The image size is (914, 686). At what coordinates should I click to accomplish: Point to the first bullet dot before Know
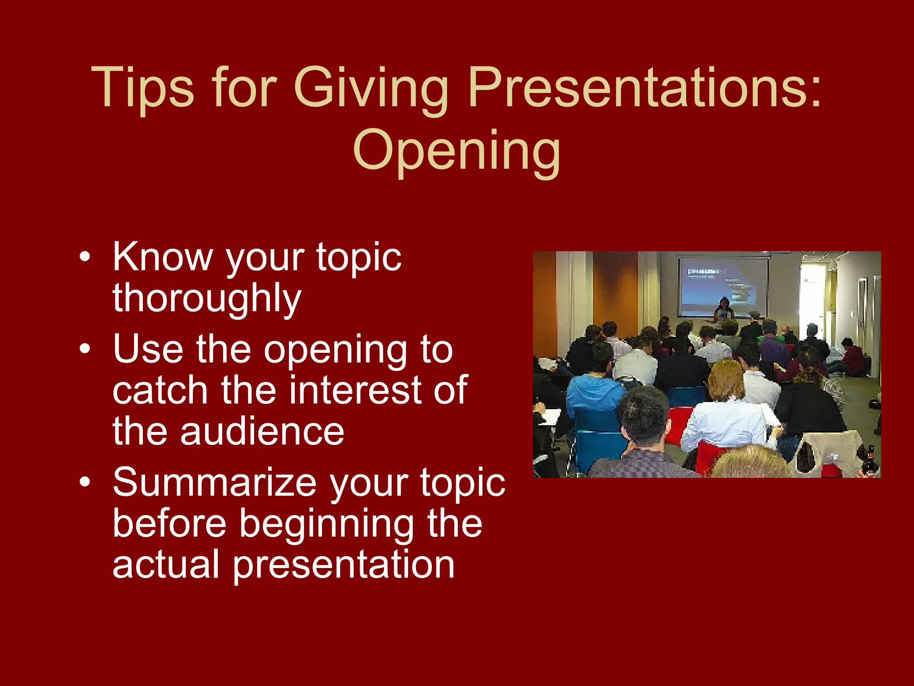tap(85, 258)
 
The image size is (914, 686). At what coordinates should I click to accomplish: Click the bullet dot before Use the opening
tap(85, 349)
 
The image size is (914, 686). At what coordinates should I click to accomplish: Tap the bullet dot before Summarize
tap(85, 483)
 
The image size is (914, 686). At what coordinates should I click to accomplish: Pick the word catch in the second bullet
tap(160, 390)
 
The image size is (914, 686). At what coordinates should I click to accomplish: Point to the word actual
tap(166, 565)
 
